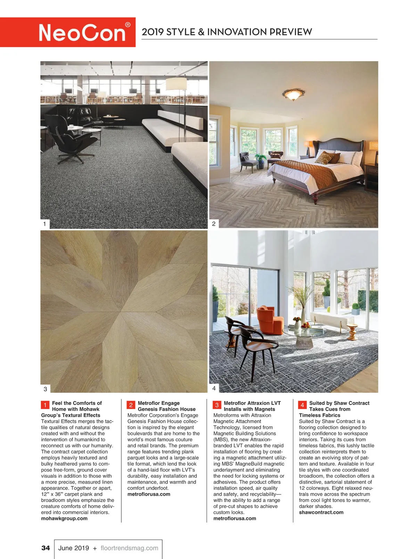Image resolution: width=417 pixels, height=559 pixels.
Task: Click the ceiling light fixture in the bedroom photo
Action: pyautogui.click(x=294, y=94)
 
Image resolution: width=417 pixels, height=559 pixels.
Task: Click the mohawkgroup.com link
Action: pyautogui.click(x=64, y=518)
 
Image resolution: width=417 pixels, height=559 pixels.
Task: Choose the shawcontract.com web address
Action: pyautogui.click(x=321, y=512)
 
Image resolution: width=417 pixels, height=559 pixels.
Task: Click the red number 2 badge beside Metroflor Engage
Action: pyautogui.click(x=131, y=405)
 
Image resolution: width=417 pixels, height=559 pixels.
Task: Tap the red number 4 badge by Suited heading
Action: pyautogui.click(x=302, y=405)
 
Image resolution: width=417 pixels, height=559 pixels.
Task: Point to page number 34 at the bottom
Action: pyautogui.click(x=46, y=548)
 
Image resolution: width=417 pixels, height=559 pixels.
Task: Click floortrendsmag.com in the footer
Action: pyautogui.click(x=129, y=548)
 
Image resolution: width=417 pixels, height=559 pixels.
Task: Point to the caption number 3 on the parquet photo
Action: pyautogui.click(x=45, y=389)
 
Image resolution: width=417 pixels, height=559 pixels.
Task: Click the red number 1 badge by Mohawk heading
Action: pyautogui.click(x=45, y=405)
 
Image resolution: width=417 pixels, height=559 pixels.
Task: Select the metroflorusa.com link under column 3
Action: pyautogui.click(x=235, y=518)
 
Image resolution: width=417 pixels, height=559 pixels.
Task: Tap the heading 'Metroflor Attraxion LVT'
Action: pyautogui.click(x=252, y=403)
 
